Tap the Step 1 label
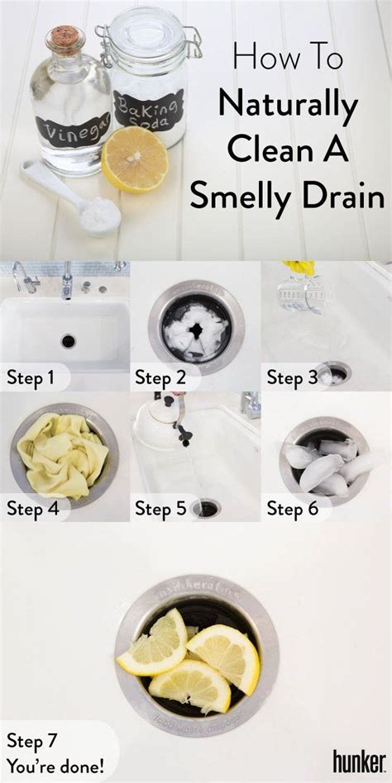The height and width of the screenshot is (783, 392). coord(31,378)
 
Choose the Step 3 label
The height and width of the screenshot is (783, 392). coord(292,378)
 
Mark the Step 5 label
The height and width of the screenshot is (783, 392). coord(160,509)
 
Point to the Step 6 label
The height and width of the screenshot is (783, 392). coord(292,509)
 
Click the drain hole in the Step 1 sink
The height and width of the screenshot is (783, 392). coord(68,340)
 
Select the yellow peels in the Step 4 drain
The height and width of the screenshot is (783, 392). coord(62,455)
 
